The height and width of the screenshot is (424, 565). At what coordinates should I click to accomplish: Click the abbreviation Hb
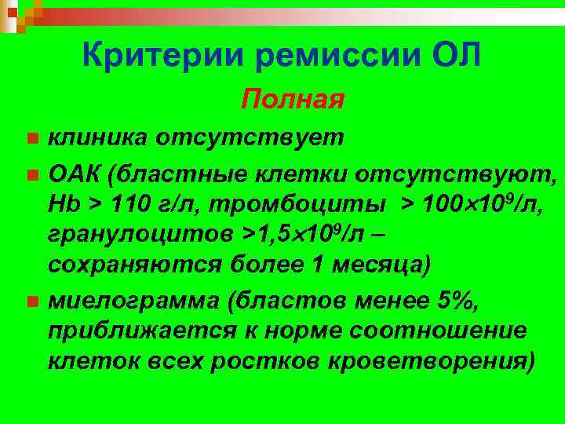pos(64,203)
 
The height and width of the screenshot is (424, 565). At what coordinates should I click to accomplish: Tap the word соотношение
pos(454,331)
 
